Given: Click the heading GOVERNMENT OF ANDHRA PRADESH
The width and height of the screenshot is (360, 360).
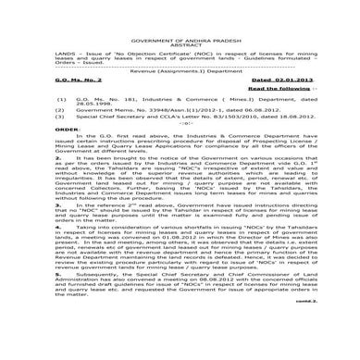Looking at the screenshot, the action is [x=180, y=31].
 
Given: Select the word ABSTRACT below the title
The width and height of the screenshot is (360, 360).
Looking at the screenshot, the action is [x=180, y=37].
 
